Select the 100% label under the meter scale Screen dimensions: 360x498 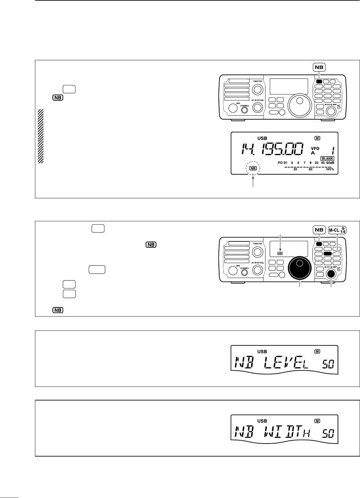pos(330,169)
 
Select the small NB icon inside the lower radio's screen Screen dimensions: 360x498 pos(280,253)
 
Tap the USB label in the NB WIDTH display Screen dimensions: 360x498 pos(262,421)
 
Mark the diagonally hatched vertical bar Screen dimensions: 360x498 pos(40,136)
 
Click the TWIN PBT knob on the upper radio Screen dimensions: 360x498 pos(257,89)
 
